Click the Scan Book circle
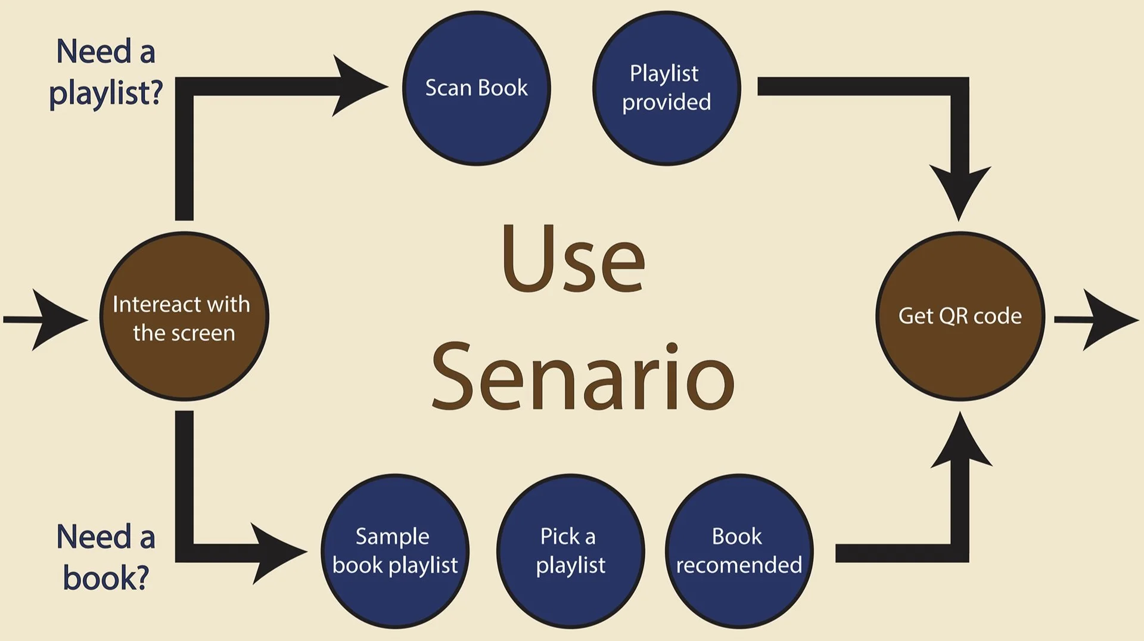(x=476, y=88)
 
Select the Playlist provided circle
(x=667, y=88)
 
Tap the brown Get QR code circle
(x=960, y=316)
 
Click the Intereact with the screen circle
(x=184, y=316)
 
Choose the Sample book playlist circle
(x=395, y=551)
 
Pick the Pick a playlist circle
(x=571, y=551)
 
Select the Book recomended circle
(x=739, y=551)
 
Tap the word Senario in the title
(x=583, y=376)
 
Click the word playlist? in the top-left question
(x=106, y=94)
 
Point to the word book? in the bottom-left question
(x=106, y=578)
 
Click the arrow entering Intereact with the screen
(x=46, y=320)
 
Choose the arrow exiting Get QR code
(x=1096, y=320)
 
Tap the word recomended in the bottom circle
(x=739, y=565)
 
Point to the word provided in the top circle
(x=667, y=103)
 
